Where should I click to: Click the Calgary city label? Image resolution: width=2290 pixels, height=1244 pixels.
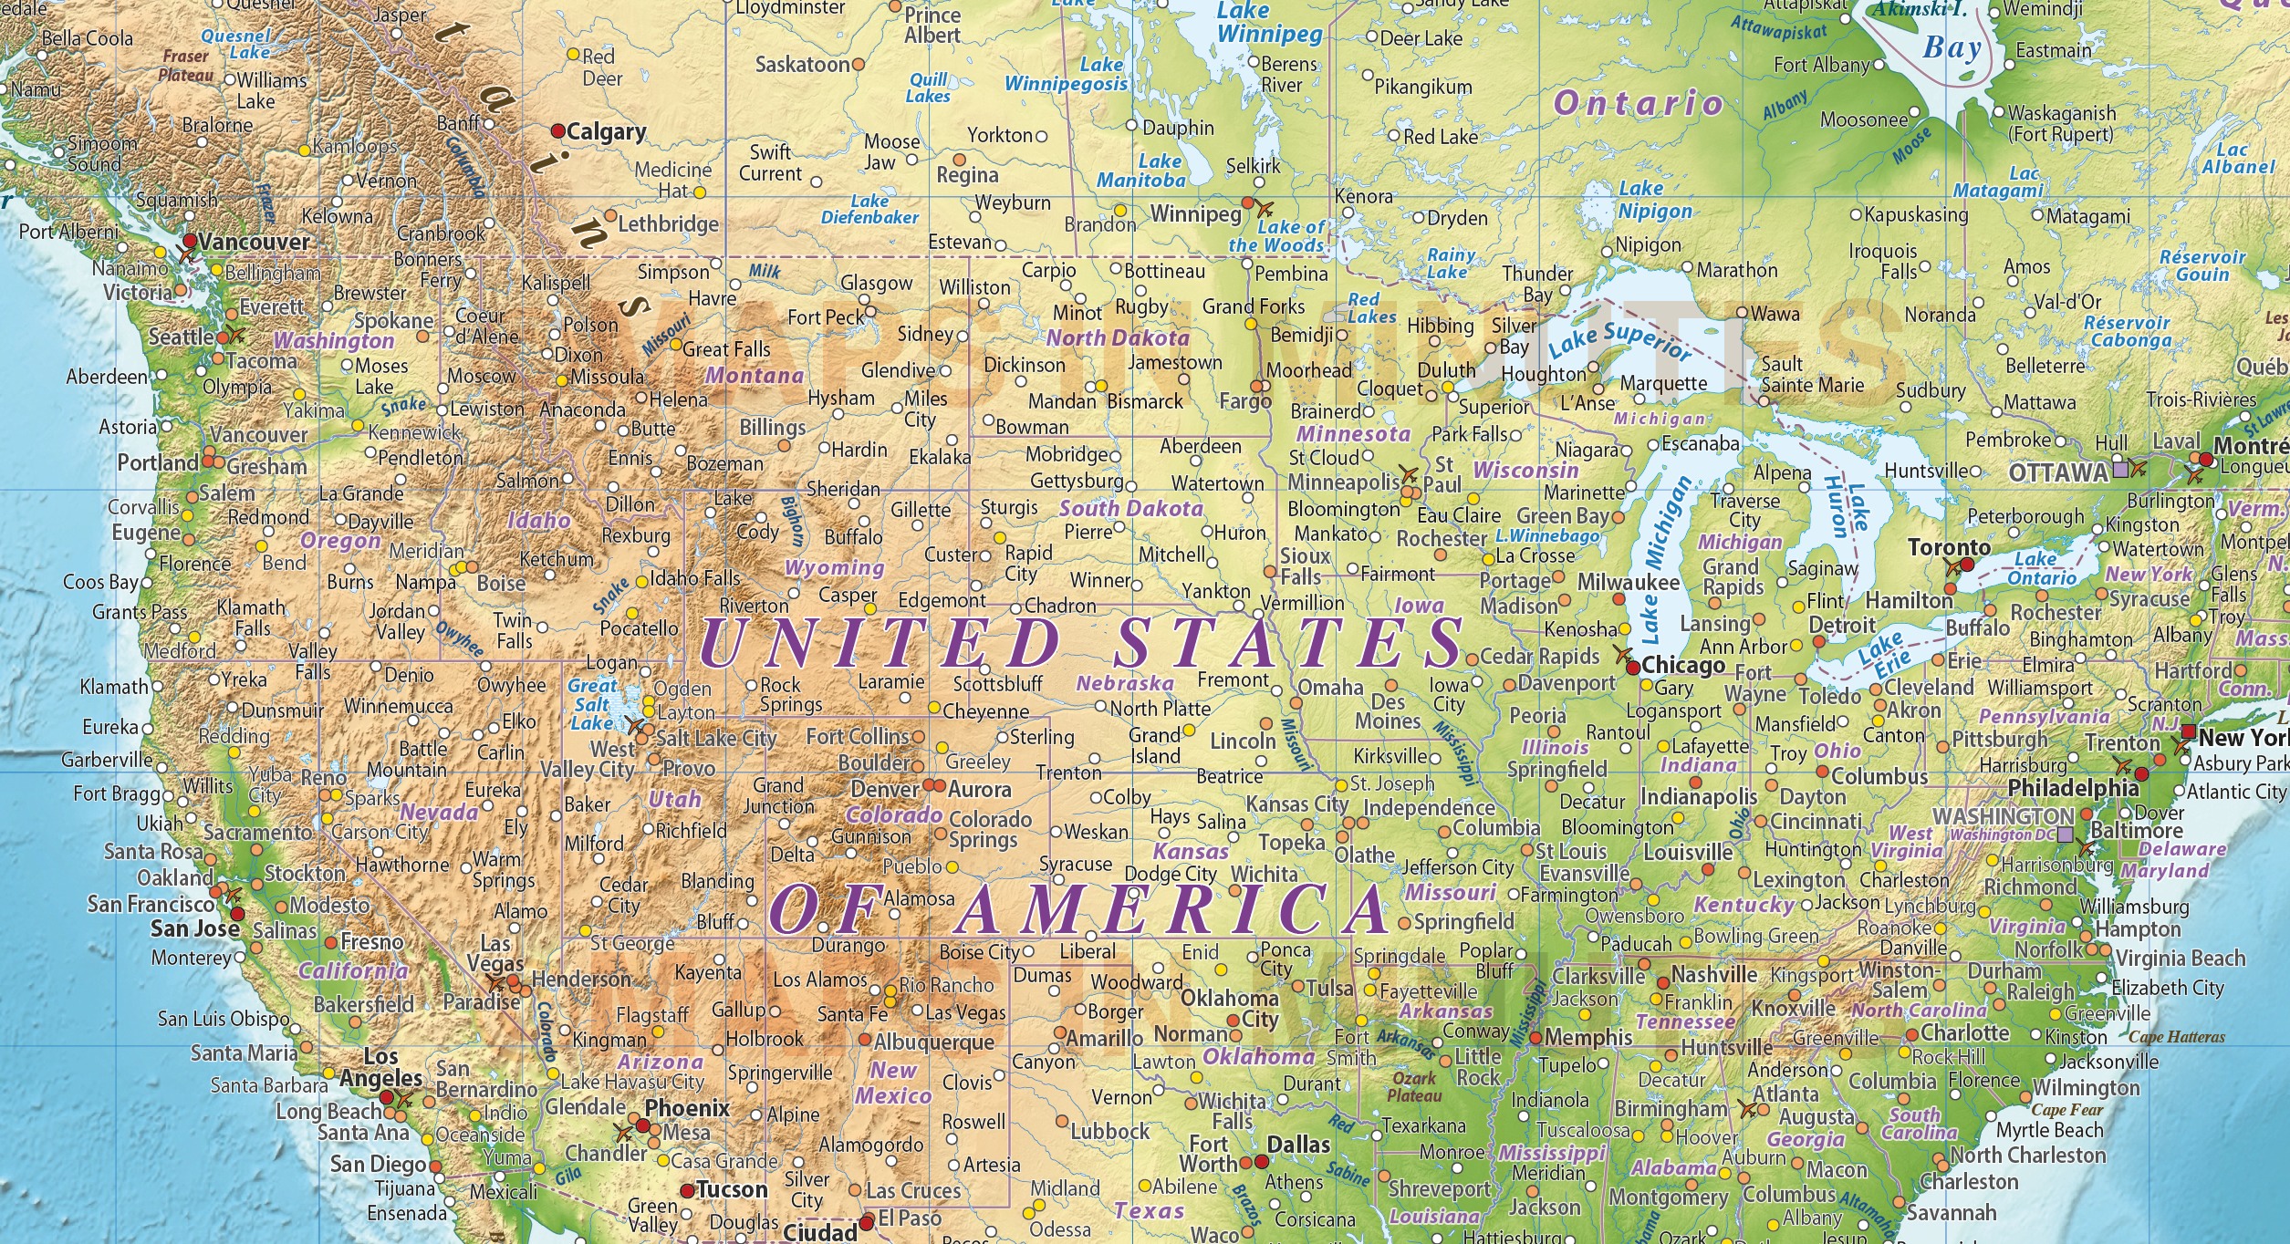(x=606, y=132)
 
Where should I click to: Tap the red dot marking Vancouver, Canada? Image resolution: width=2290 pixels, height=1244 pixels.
(x=190, y=241)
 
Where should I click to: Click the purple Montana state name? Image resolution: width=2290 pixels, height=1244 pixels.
(x=754, y=376)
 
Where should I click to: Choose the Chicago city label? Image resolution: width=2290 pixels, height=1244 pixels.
(x=1682, y=666)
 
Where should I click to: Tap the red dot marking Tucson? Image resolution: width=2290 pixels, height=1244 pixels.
(x=687, y=1191)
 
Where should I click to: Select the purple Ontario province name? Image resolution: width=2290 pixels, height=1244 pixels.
(x=1639, y=103)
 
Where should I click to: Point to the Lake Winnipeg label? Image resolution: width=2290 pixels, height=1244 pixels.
(x=1268, y=23)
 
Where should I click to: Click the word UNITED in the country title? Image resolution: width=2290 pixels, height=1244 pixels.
(x=880, y=643)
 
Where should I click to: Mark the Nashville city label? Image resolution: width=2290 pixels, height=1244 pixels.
(x=1714, y=974)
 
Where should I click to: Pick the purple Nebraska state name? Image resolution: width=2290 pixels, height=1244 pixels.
(x=1125, y=683)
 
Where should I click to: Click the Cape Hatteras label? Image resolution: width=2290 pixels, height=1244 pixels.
(x=2176, y=1037)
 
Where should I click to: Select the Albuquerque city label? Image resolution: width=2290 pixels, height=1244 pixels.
(x=934, y=1042)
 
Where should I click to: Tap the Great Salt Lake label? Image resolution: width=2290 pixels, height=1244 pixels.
(x=592, y=704)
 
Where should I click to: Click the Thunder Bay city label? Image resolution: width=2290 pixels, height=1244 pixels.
(x=1537, y=284)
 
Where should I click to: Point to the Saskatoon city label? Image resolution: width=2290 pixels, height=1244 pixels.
(x=803, y=65)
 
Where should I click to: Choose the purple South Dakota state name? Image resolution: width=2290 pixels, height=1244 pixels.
(x=1130, y=509)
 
